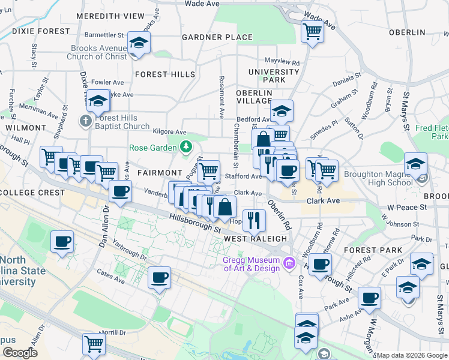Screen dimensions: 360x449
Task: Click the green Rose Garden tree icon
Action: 187,146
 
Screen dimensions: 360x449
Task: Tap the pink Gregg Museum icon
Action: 289,262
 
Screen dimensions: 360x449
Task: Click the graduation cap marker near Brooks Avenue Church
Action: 139,44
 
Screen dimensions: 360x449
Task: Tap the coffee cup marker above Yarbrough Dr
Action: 62,242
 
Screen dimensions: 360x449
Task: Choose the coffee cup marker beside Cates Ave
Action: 159,278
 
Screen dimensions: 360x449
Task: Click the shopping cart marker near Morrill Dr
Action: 94,344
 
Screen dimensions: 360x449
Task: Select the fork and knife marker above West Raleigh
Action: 255,220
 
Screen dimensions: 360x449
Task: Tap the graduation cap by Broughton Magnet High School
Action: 415,164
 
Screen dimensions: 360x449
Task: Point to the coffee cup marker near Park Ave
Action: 369,298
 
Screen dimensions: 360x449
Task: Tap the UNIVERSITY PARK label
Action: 274,76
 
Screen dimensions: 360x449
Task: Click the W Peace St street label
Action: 406,207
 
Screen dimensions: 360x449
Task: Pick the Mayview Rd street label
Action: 282,61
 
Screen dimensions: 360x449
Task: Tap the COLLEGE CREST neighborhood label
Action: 32,193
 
